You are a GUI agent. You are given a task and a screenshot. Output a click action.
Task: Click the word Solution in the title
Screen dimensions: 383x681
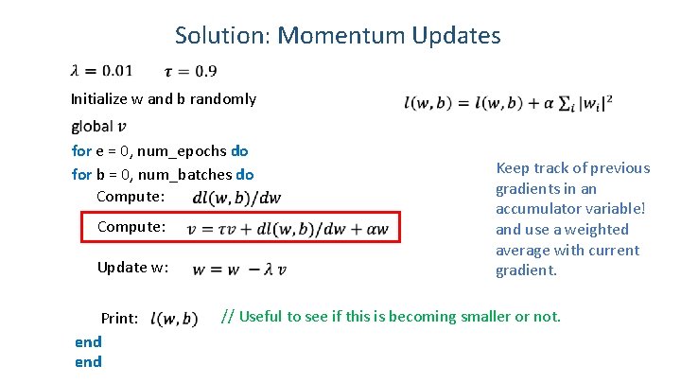pos(221,36)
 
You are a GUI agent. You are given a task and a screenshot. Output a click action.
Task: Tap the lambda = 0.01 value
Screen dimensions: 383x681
pos(102,70)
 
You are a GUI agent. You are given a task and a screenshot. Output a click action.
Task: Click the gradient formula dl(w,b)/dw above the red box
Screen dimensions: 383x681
pos(236,197)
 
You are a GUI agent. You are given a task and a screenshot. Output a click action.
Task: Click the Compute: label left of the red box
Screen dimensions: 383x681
pos(131,228)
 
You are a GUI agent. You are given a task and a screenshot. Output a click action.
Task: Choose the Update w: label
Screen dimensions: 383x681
pos(132,268)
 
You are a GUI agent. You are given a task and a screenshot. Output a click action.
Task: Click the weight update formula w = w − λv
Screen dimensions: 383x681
pos(239,269)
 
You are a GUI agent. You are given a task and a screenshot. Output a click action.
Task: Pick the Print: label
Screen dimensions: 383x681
pos(120,319)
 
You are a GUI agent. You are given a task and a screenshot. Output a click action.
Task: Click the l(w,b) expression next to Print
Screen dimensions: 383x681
pos(174,319)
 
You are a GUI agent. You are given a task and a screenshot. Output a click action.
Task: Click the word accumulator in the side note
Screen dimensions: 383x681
pos(536,209)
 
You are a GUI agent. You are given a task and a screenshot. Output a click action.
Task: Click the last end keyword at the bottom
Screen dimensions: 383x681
pos(88,361)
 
